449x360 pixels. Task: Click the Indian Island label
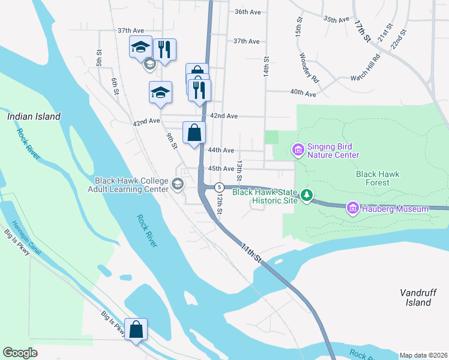34,117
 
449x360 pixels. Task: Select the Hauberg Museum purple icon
352,208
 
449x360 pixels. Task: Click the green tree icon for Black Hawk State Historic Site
307,195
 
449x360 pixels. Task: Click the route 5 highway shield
220,187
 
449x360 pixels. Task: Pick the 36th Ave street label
248,12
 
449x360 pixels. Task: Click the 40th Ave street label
303,94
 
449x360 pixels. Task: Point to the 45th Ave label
220,169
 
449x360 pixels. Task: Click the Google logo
20,353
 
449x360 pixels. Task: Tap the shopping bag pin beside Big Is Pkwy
136,329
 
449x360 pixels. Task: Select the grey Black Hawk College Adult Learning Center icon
177,184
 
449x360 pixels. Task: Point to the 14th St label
265,67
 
